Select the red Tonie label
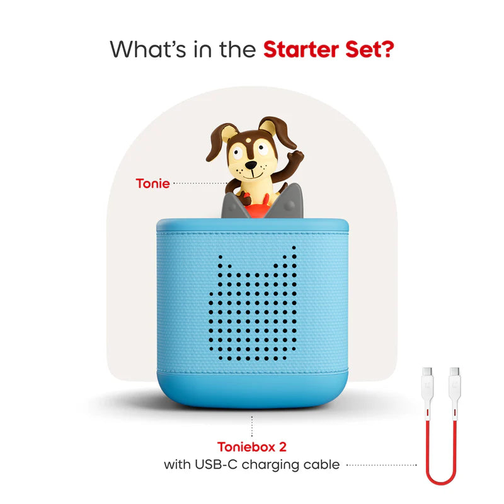point(152,184)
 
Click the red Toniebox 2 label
point(252,447)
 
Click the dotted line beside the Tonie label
point(200,184)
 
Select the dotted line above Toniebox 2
point(252,426)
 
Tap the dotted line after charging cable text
point(381,466)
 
